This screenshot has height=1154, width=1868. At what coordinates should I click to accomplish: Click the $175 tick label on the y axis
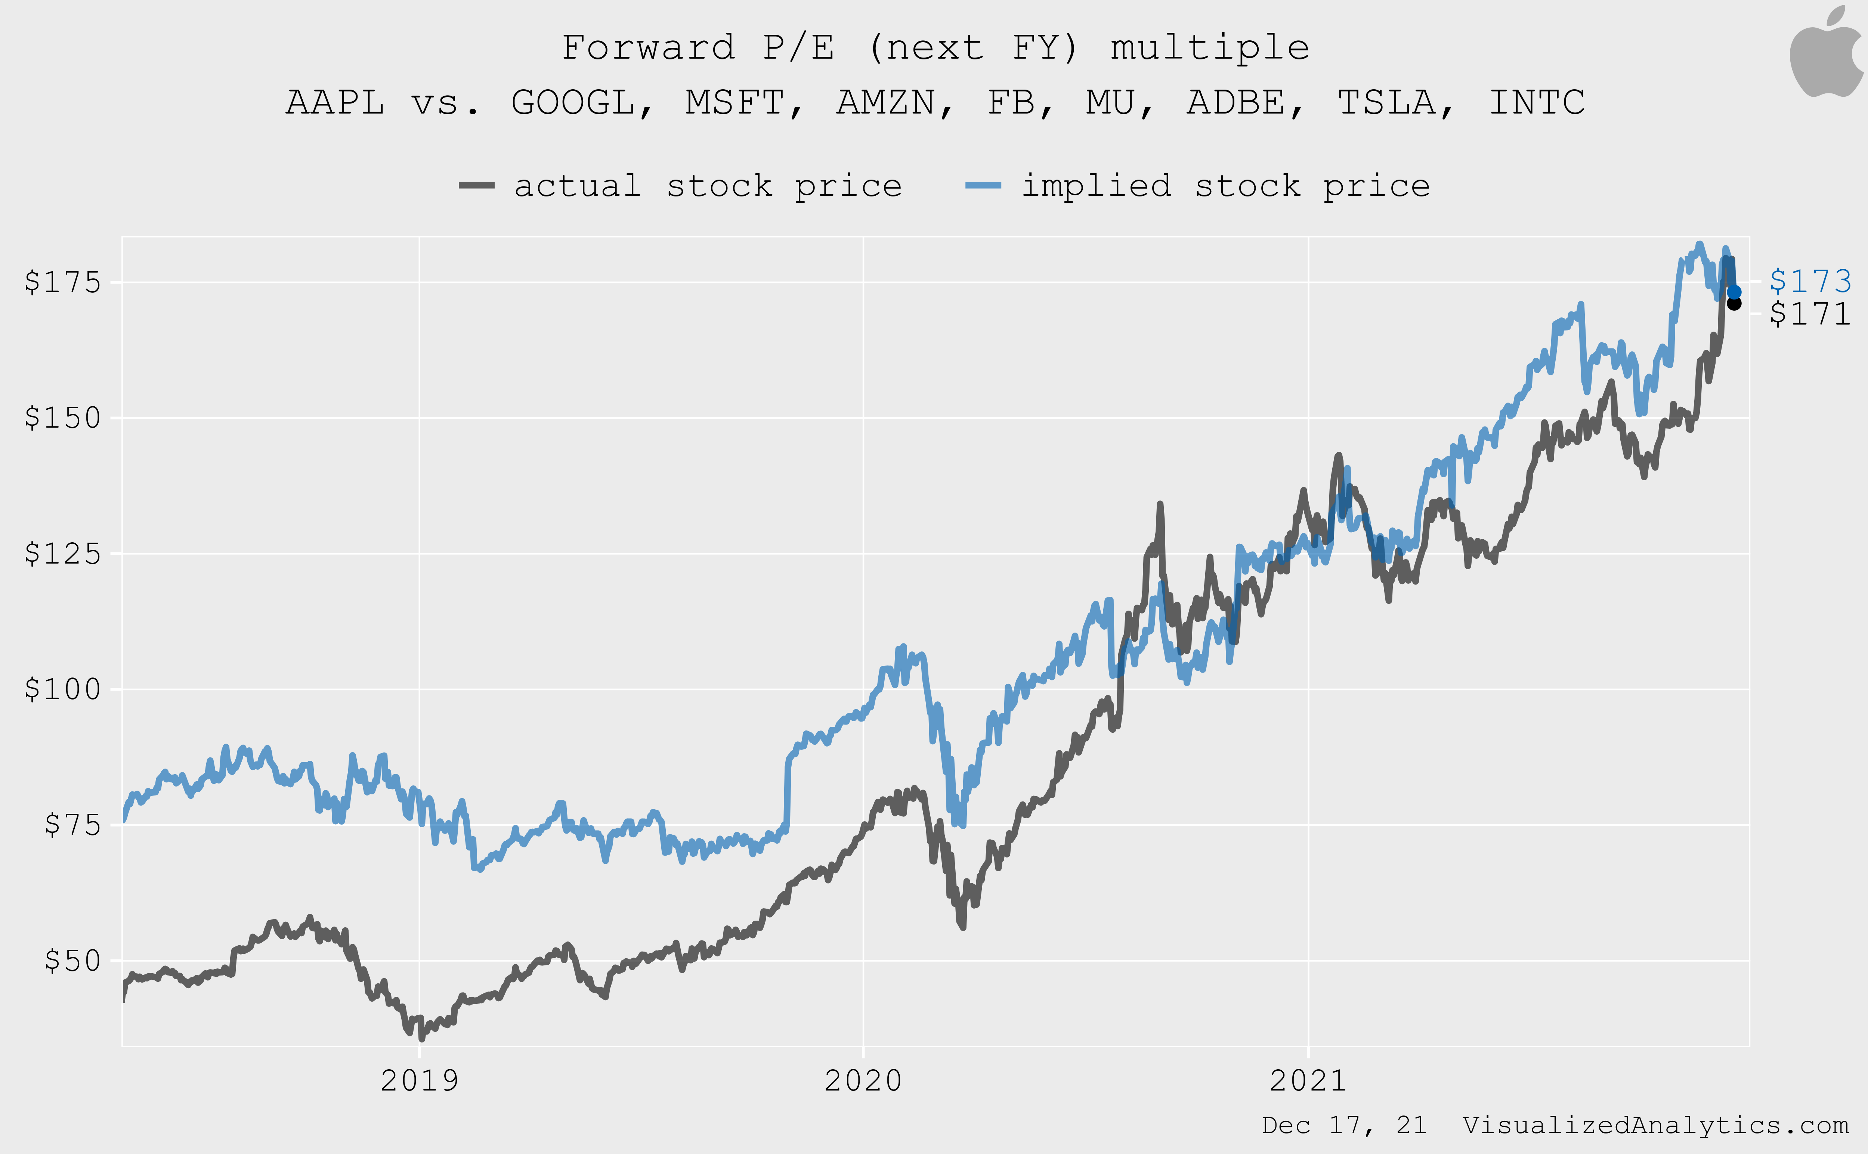[x=63, y=282]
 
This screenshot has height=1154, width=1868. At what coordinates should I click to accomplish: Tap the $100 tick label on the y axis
[x=63, y=689]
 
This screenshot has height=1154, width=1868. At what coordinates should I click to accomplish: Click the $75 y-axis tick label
[x=72, y=825]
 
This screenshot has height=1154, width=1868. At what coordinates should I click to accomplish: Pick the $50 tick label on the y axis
[x=72, y=961]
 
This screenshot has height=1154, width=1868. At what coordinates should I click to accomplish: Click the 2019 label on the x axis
[x=419, y=1081]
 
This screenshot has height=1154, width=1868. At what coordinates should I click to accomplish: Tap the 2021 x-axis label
[x=1308, y=1081]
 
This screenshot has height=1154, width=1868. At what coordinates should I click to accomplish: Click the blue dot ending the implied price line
[x=1734, y=292]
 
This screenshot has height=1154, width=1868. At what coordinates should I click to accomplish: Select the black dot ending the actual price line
[x=1734, y=304]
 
